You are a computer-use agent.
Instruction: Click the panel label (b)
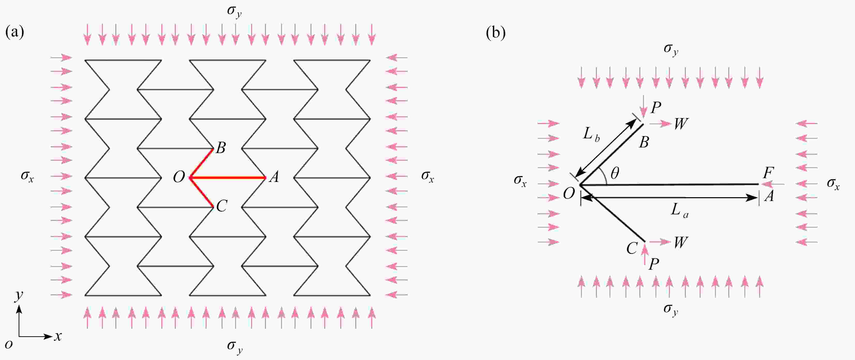pos(496,33)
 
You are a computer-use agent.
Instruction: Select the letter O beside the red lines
pos(179,178)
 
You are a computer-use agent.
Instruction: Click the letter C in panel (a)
pos(221,206)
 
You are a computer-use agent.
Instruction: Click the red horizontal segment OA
pos(229,178)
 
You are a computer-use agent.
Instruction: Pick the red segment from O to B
pos(201,163)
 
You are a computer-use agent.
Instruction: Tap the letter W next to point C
pos(680,243)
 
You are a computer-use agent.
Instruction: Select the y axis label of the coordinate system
pos(19,295)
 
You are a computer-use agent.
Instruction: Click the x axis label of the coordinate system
pos(58,336)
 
